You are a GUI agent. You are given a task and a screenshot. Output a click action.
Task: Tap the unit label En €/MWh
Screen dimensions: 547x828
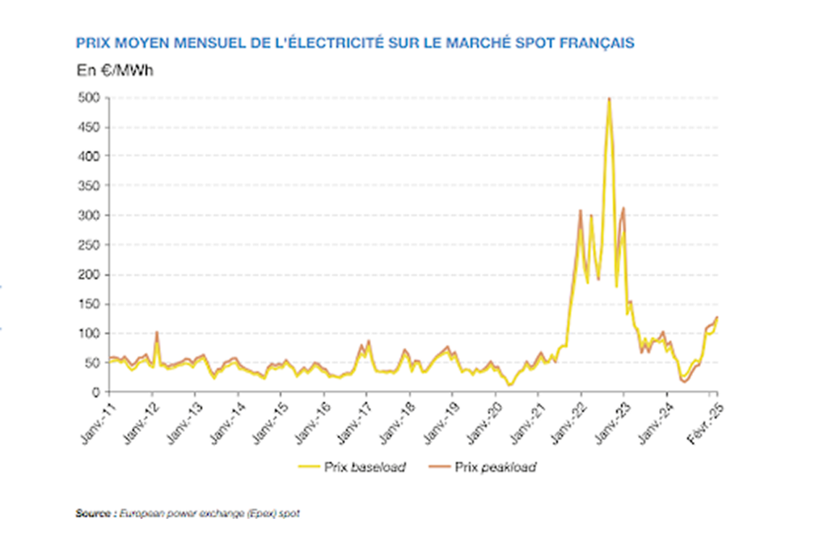(x=115, y=70)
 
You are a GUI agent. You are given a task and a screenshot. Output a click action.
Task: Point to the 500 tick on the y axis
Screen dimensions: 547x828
(x=89, y=97)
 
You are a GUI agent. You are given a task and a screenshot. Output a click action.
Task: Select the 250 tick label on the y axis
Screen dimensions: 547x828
(x=89, y=245)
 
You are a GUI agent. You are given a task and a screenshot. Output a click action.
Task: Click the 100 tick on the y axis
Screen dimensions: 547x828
(x=89, y=333)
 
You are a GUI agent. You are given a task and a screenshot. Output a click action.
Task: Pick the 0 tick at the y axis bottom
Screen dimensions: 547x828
(x=95, y=392)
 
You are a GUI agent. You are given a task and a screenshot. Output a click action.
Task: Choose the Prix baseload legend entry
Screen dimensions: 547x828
(x=365, y=467)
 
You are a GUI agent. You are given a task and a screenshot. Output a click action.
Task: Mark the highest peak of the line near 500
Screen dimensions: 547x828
(x=609, y=99)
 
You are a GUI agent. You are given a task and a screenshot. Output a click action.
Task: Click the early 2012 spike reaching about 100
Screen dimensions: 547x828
(x=156, y=333)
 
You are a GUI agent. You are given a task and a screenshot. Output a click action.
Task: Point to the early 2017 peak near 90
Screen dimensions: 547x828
(x=368, y=341)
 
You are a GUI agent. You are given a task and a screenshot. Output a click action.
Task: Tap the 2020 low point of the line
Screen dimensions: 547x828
(x=509, y=384)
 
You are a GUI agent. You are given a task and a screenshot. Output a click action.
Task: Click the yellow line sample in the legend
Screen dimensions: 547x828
(x=310, y=467)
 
